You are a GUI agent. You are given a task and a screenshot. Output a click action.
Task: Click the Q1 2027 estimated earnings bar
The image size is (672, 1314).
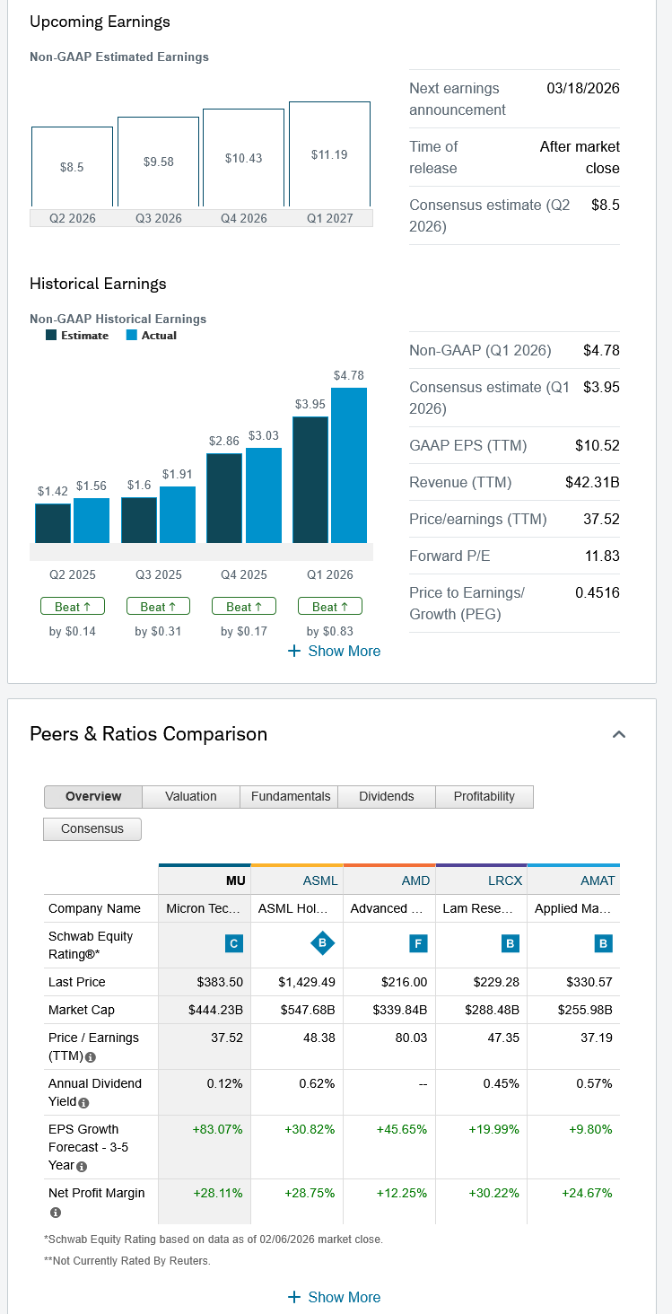pos(329,154)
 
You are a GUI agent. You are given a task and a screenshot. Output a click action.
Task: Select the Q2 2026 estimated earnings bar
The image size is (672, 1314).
pos(72,167)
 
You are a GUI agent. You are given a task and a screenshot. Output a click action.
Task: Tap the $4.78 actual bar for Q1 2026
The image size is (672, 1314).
pos(349,465)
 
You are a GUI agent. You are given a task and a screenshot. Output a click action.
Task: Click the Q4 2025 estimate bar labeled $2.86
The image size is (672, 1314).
pos(224,498)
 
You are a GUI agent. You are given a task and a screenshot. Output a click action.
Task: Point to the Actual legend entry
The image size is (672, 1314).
pos(151,336)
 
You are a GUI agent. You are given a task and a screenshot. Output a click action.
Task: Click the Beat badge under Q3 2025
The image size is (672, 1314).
pos(158,607)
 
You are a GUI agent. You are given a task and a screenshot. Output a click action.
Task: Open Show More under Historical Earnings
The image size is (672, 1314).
pos(334,651)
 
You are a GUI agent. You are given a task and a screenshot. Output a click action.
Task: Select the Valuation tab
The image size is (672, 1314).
pos(191,796)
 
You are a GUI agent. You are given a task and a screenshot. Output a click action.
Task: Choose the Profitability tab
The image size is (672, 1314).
pos(484,796)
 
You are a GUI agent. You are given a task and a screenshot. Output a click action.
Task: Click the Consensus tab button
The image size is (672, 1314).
pos(92,828)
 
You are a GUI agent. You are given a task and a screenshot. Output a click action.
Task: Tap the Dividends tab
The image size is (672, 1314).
pos(387,796)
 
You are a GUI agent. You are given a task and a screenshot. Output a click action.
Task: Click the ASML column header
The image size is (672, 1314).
pos(320,880)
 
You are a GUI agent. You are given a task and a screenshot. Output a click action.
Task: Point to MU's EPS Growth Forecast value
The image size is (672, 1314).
pos(218,1129)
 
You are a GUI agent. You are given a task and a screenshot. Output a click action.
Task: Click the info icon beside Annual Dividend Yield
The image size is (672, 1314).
pos(83,1102)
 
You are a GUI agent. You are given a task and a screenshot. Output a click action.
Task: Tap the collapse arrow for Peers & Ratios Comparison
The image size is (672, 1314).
pos(618,734)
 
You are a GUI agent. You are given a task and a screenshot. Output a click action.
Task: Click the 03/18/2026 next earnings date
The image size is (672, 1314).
pos(582,88)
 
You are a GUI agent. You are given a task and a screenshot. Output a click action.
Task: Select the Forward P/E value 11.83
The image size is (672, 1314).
pos(602,556)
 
